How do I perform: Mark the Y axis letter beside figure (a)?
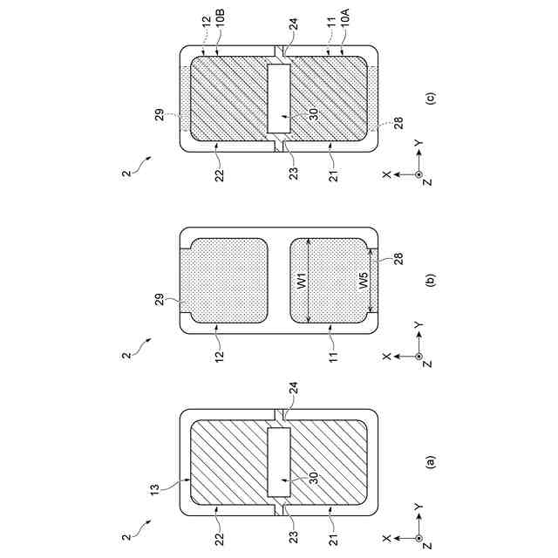coord(418,508)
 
